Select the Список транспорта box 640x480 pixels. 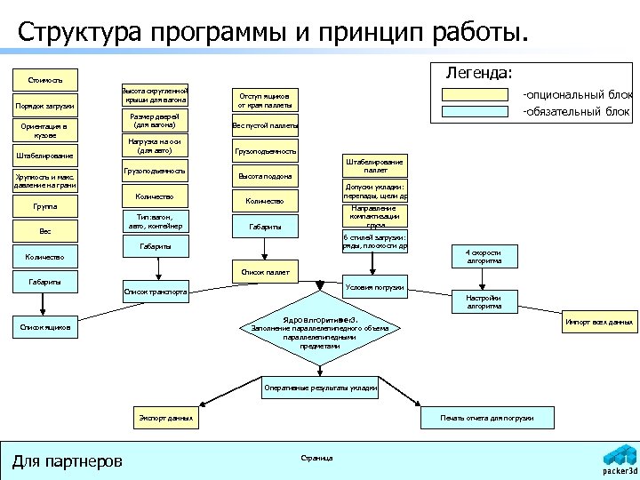[x=156, y=292]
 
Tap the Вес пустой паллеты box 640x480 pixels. [x=265, y=125]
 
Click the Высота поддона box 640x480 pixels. [x=265, y=176]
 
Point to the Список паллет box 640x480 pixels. [x=265, y=272]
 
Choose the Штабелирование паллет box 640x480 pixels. [x=375, y=165]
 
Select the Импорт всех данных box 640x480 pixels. [x=599, y=322]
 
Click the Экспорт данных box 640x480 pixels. [x=166, y=417]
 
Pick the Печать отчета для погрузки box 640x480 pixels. [x=487, y=417]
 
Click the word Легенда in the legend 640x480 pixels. [x=479, y=72]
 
